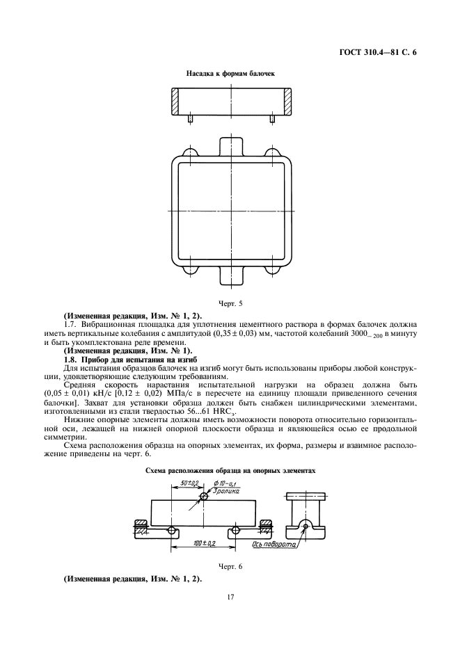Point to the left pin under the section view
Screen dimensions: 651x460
(x=190, y=119)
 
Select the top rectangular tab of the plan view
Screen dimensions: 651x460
(x=231, y=146)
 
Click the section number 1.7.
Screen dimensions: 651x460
(x=69, y=324)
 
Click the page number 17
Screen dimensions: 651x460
(x=230, y=597)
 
